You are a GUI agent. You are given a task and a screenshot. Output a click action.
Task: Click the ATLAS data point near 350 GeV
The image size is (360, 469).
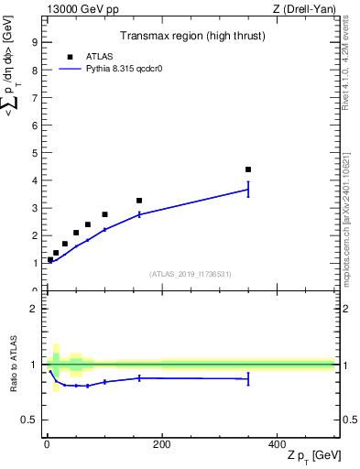(248, 169)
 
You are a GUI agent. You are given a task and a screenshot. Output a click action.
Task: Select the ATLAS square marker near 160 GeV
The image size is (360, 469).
(139, 201)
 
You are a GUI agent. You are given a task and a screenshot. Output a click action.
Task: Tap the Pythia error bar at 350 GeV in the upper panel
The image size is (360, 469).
(248, 190)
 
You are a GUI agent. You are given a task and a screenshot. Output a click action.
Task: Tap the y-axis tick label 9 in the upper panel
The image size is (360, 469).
(34, 42)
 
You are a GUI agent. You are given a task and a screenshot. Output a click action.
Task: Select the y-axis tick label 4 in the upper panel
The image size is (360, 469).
(34, 180)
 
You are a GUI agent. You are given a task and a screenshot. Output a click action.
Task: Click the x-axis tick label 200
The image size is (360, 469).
(161, 443)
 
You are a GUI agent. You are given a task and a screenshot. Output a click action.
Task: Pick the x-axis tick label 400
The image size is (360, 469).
(277, 443)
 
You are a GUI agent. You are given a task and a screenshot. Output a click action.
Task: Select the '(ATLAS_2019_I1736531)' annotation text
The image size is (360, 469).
(191, 274)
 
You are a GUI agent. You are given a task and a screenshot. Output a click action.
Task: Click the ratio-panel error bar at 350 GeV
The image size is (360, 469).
(248, 378)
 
